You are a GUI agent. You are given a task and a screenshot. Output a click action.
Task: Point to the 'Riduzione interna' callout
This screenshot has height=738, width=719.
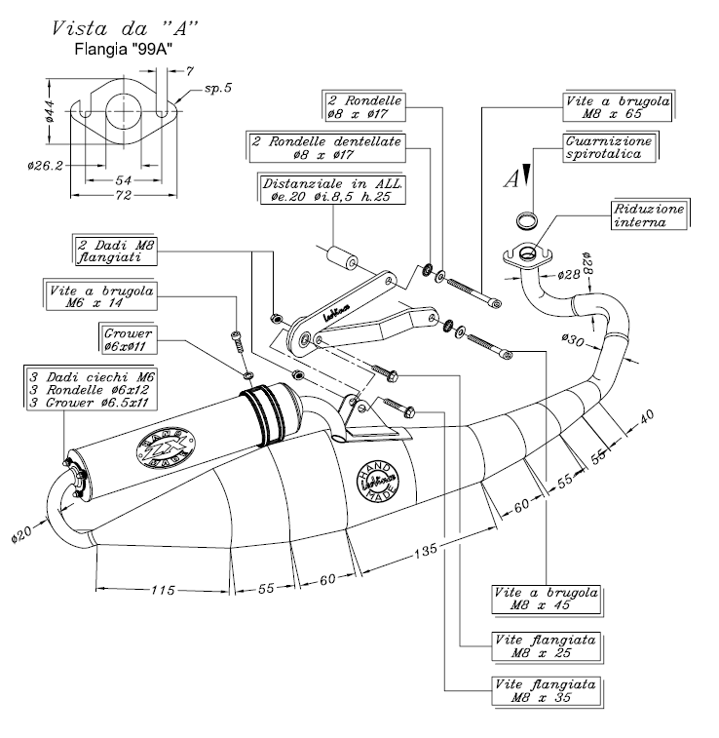(649, 215)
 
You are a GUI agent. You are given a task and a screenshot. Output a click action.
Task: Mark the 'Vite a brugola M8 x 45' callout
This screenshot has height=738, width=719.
(547, 598)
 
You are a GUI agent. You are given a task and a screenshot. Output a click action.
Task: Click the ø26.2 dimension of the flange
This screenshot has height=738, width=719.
(46, 165)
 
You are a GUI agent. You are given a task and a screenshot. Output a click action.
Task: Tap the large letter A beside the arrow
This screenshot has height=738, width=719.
(511, 178)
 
